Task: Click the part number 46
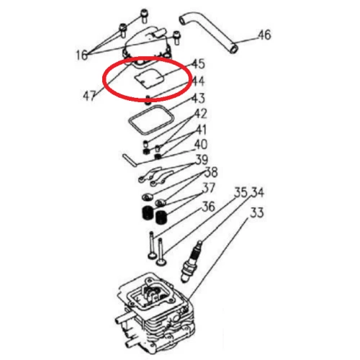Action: tap(264, 34)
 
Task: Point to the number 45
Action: tap(197, 64)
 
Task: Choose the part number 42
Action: tap(201, 114)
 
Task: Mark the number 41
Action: tap(201, 130)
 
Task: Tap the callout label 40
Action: tap(201, 145)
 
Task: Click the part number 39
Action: tap(202, 160)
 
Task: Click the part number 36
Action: tap(208, 206)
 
